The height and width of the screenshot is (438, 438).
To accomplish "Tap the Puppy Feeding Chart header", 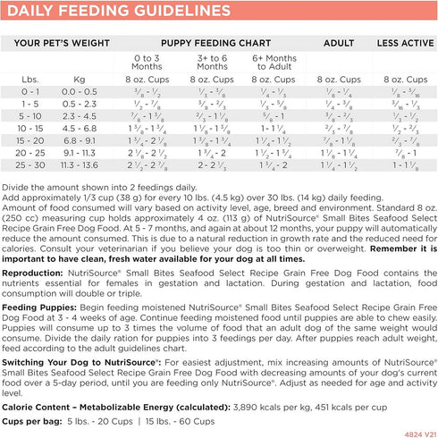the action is [x=204, y=42].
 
